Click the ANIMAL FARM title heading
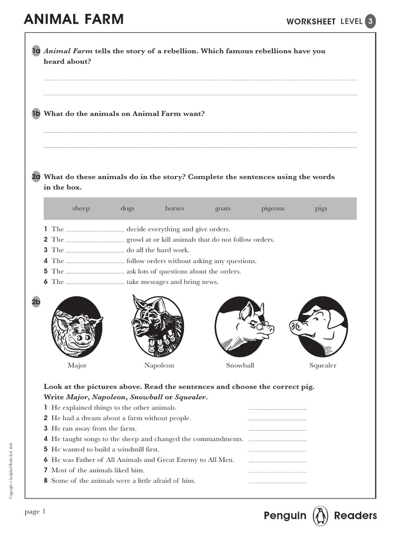click(74, 20)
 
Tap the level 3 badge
click(370, 21)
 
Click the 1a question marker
click(36, 51)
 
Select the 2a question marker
click(36, 177)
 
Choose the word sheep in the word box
click(81, 208)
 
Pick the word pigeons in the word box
click(273, 208)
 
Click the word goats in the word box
click(222, 208)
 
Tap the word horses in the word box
click(174, 208)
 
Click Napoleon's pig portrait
click(158, 327)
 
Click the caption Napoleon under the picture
click(159, 365)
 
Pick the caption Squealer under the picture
click(323, 365)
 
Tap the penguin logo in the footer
click(320, 516)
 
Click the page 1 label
click(35, 512)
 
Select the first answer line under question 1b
click(200, 132)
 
